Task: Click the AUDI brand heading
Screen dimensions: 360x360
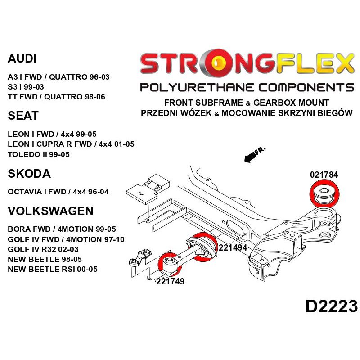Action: pos(22,59)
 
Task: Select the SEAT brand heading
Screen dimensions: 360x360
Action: pos(23,116)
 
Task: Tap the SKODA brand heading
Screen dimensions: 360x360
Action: pos(29,174)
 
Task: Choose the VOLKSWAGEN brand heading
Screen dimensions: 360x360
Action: pos(50,211)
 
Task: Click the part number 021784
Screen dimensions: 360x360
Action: pos(324,175)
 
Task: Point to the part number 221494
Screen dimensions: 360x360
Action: pos(233,247)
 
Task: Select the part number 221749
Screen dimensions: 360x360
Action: pos(170,282)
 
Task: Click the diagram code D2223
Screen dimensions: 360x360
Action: pos(331,306)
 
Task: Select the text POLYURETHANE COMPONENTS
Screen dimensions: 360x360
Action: pos(247,87)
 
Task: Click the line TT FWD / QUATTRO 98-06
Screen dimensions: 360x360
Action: pos(56,96)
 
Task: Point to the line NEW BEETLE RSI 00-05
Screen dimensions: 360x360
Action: pos(53,269)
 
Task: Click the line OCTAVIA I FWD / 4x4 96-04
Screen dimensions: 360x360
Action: pos(58,192)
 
